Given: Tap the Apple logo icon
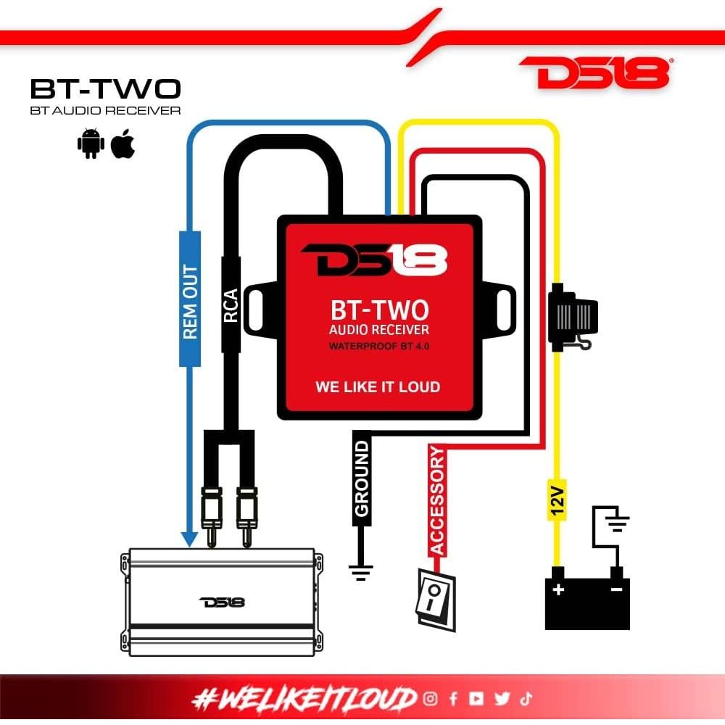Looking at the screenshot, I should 123,144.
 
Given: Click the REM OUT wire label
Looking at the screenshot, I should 190,302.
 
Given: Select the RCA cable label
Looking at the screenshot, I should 231,305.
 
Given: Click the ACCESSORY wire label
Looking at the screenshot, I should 437,501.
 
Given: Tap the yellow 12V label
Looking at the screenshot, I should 556,500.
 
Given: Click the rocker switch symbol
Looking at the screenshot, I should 436,599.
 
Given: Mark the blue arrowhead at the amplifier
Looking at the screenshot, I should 189,539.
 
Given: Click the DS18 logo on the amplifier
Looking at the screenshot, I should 223,602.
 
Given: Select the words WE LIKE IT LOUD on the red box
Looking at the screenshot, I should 378,386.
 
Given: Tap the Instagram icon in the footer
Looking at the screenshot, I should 431,698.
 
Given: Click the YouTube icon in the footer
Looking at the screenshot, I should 476,698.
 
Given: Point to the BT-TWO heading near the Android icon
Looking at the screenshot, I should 105,88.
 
